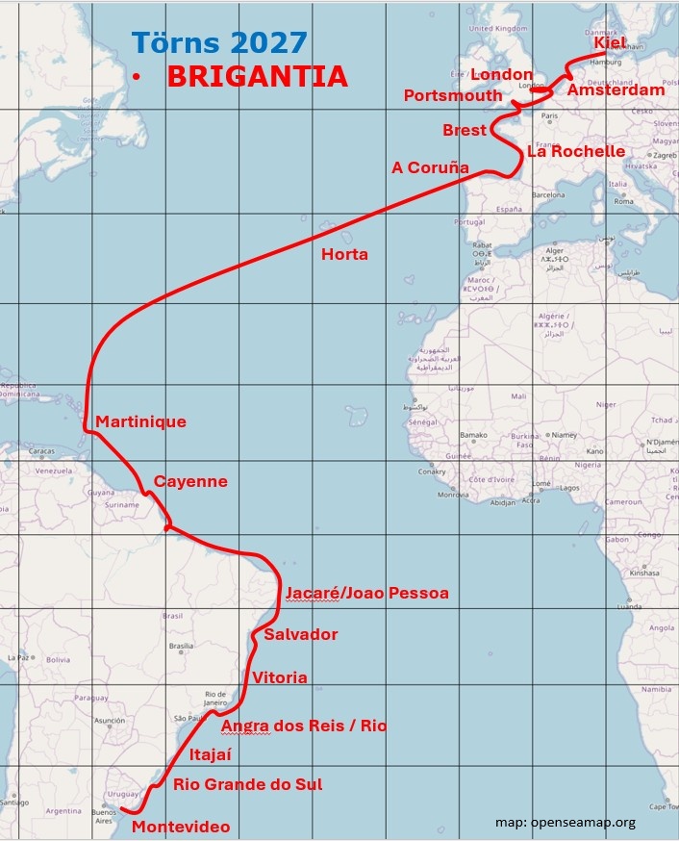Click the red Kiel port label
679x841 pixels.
(609, 43)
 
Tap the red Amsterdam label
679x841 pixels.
(616, 89)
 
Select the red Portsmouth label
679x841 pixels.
(452, 95)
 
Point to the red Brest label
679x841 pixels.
(464, 130)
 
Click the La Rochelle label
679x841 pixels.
(575, 151)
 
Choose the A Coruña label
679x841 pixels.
(430, 167)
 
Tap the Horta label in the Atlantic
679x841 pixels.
(344, 254)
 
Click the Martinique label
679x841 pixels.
(140, 421)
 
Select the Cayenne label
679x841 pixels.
(190, 481)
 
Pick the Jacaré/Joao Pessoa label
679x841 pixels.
(367, 593)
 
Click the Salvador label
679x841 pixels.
(300, 634)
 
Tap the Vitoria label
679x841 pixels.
(279, 677)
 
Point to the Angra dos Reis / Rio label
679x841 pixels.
(304, 726)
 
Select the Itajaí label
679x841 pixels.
(211, 754)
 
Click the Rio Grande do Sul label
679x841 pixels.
(247, 784)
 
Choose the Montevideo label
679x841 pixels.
(181, 827)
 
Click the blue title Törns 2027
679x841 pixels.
(219, 42)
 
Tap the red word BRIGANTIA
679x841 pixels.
(257, 77)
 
